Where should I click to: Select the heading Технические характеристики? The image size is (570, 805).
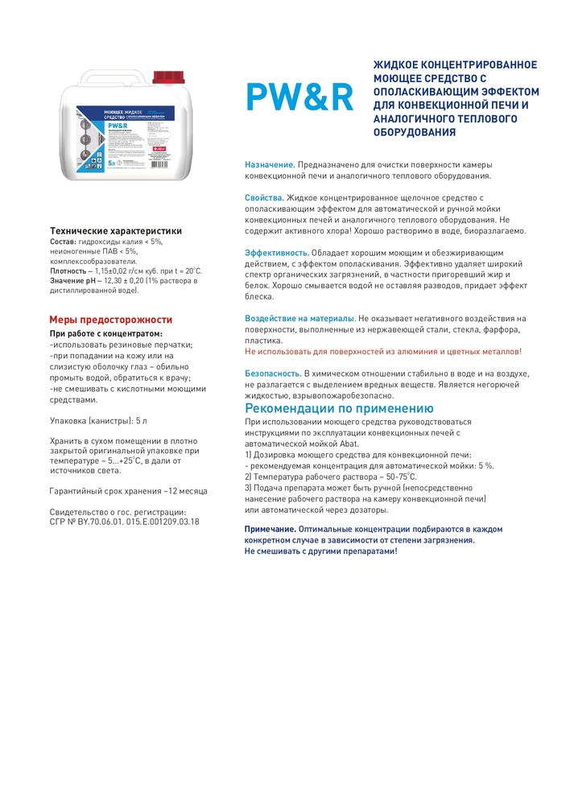(116, 230)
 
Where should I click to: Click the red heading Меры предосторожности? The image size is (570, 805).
(111, 320)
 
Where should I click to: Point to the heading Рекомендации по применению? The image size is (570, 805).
(339, 408)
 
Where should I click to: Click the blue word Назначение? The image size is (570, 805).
(270, 164)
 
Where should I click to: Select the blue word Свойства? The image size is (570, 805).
(263, 197)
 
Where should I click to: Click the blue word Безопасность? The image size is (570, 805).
(273, 374)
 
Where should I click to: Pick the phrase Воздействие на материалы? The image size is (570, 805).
(299, 319)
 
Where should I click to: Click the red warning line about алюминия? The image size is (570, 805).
(383, 352)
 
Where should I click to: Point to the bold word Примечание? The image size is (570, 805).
(270, 529)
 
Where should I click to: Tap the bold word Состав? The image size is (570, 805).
(64, 241)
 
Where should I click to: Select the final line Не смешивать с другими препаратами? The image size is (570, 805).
(320, 551)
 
